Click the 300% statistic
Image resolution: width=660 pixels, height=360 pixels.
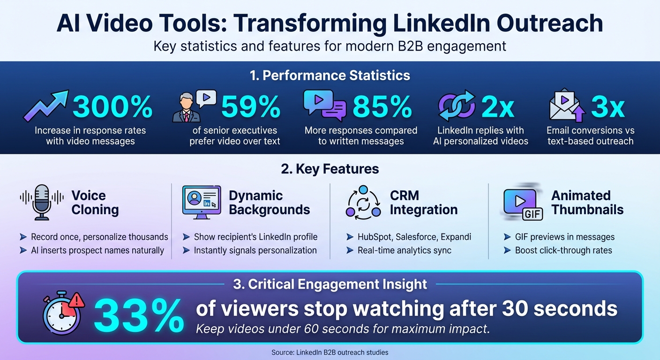tap(112, 106)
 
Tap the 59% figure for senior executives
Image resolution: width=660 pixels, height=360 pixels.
tap(250, 106)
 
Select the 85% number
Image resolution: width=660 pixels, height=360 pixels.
tap(382, 106)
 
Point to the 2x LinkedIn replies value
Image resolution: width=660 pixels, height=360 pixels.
tap(498, 106)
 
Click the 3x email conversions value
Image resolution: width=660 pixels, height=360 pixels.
tap(607, 106)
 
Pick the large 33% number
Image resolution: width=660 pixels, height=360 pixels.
tap(139, 315)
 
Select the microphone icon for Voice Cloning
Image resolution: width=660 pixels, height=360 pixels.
tap(42, 202)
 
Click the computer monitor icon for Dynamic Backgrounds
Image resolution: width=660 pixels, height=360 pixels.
tap(201, 202)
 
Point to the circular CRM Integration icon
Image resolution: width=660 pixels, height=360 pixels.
tap(363, 202)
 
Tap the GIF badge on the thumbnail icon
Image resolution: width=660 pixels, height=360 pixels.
tap(533, 214)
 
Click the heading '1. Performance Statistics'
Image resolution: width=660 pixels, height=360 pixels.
tap(330, 75)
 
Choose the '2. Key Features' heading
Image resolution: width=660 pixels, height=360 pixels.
tap(330, 169)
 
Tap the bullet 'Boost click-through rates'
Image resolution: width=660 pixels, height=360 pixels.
tap(563, 250)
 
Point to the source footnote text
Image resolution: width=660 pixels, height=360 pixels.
tap(330, 352)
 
